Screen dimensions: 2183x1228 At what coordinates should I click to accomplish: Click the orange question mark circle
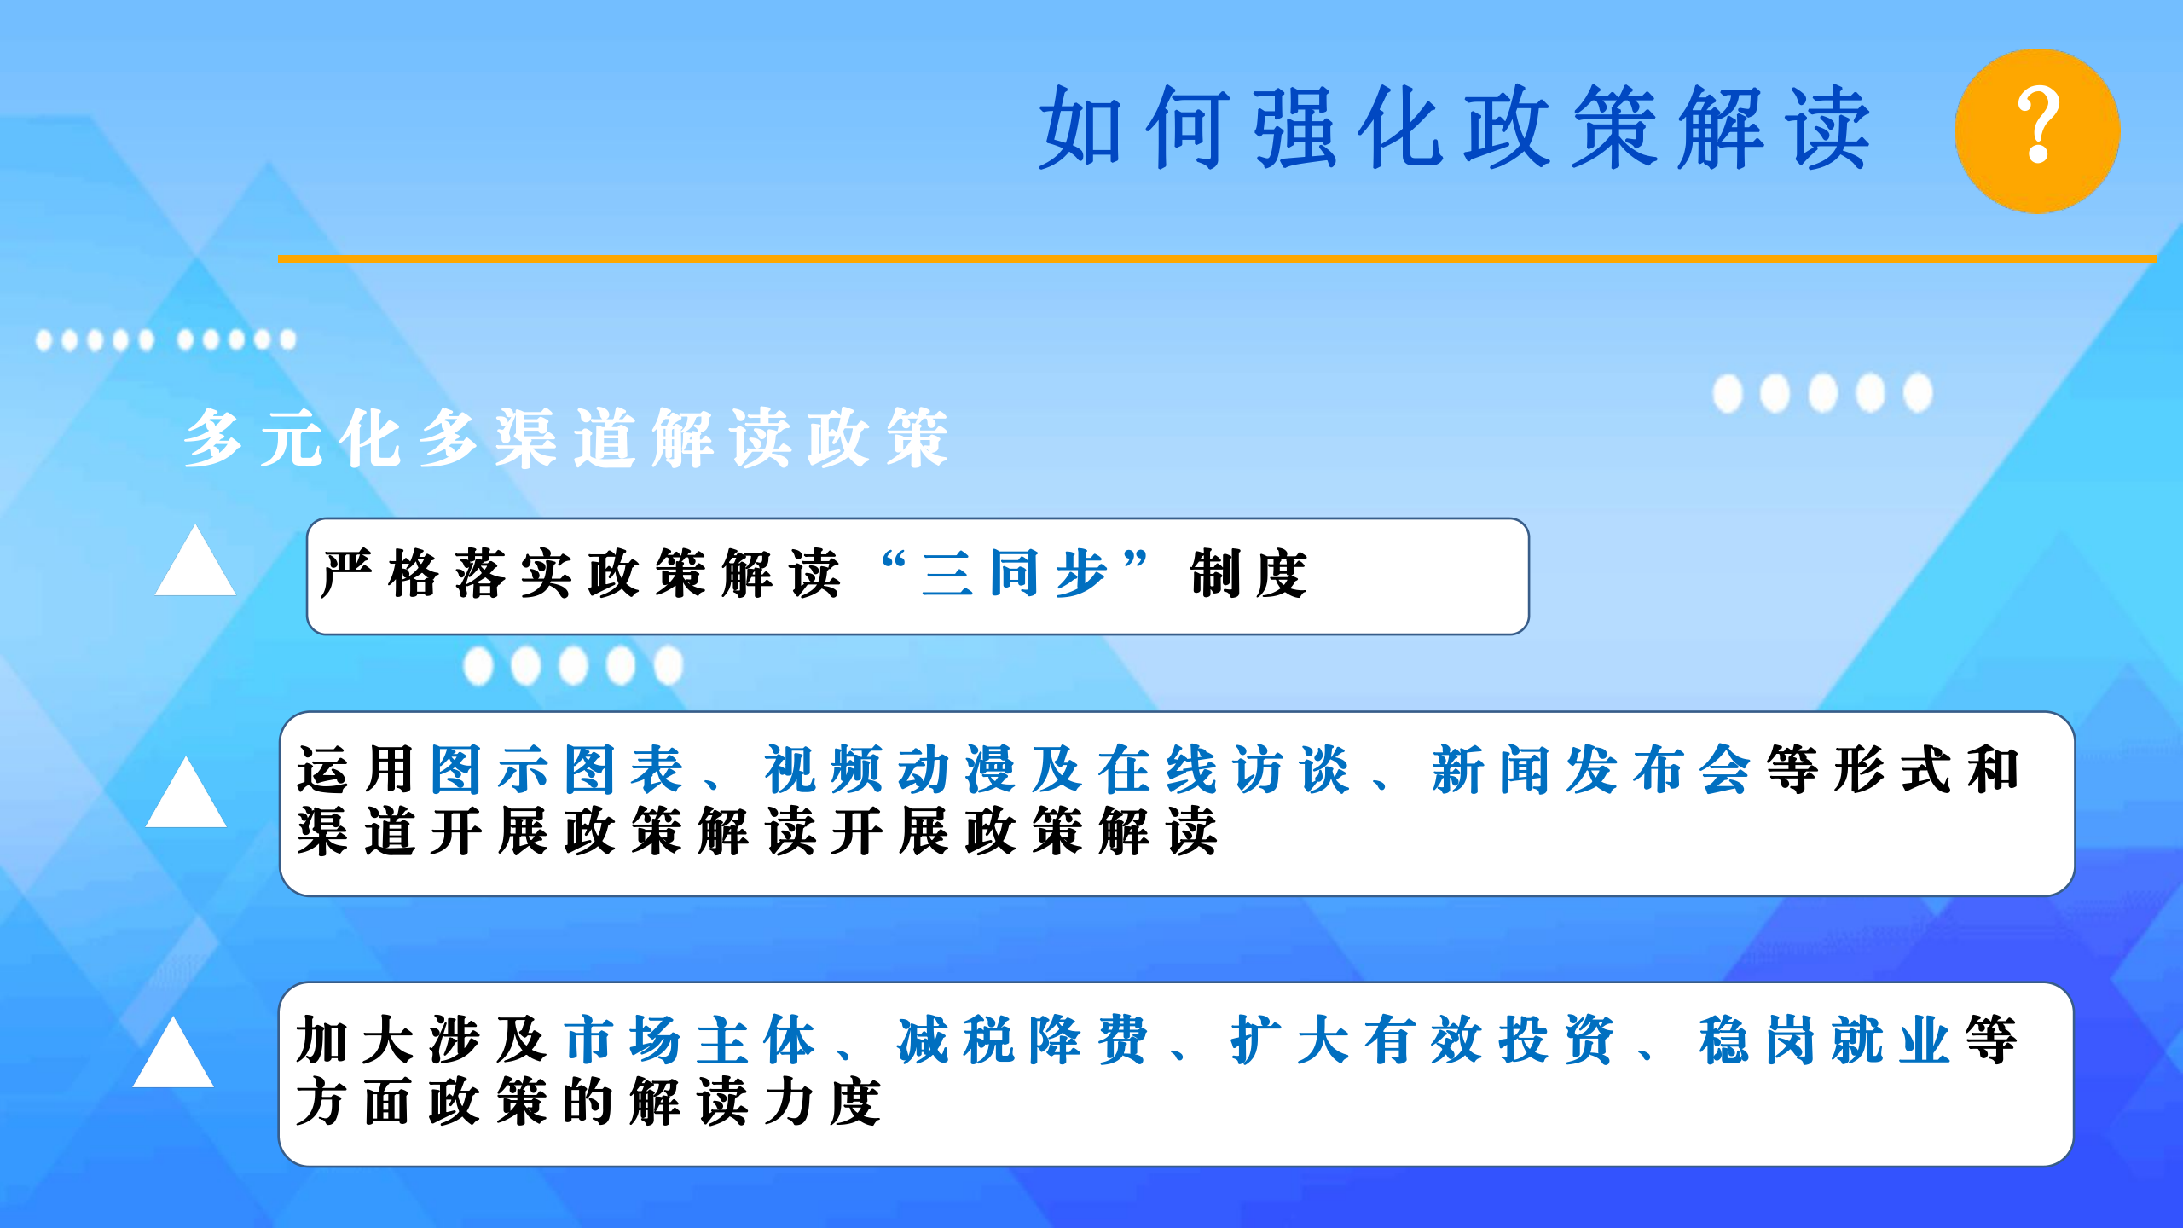tap(2037, 130)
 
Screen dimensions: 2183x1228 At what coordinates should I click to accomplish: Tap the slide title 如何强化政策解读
tap(1455, 128)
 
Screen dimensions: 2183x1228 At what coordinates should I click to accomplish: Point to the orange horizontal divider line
tap(1217, 258)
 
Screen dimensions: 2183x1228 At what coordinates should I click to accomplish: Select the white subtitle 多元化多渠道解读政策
tap(566, 437)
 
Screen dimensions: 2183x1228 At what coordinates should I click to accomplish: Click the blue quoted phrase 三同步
tap(1015, 573)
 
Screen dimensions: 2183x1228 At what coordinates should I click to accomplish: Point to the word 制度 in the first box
tap(1248, 573)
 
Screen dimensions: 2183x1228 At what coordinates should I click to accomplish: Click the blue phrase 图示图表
tap(557, 769)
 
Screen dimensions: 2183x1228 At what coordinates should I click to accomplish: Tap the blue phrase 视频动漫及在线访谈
tap(1057, 769)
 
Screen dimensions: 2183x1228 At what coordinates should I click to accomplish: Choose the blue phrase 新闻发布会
tap(1591, 769)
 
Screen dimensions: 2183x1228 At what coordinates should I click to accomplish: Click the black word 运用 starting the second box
tap(356, 769)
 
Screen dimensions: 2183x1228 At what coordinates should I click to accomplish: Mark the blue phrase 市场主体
tap(691, 1040)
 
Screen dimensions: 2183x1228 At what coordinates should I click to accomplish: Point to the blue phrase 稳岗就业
tap(1824, 1040)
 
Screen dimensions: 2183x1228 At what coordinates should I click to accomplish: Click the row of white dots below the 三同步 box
tap(573, 665)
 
